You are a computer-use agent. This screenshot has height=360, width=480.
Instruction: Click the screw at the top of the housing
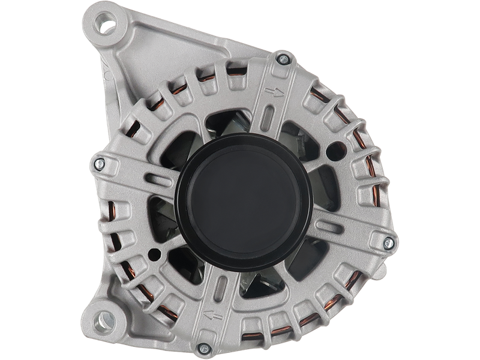[x=282, y=59]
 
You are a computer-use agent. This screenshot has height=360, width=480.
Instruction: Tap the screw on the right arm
[x=388, y=242]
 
